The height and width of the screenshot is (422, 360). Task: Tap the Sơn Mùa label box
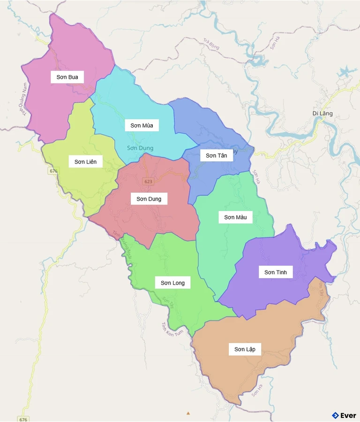click(142, 125)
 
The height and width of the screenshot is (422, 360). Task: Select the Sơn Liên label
click(85, 162)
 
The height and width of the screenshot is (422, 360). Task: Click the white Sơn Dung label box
click(149, 199)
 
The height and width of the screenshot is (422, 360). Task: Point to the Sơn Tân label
click(216, 155)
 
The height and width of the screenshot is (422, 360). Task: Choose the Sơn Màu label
click(235, 217)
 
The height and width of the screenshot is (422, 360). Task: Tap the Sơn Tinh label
click(275, 272)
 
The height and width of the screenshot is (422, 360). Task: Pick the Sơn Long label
click(172, 283)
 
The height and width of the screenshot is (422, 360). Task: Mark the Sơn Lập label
click(245, 349)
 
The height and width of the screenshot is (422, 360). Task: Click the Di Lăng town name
click(322, 113)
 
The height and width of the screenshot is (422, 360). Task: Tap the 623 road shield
click(148, 181)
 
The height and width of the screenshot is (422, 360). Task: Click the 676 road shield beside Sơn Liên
click(53, 171)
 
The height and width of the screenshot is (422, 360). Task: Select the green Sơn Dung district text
click(140, 148)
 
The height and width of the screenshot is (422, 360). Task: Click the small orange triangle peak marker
click(188, 413)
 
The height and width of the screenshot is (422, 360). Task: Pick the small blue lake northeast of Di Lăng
click(345, 72)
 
